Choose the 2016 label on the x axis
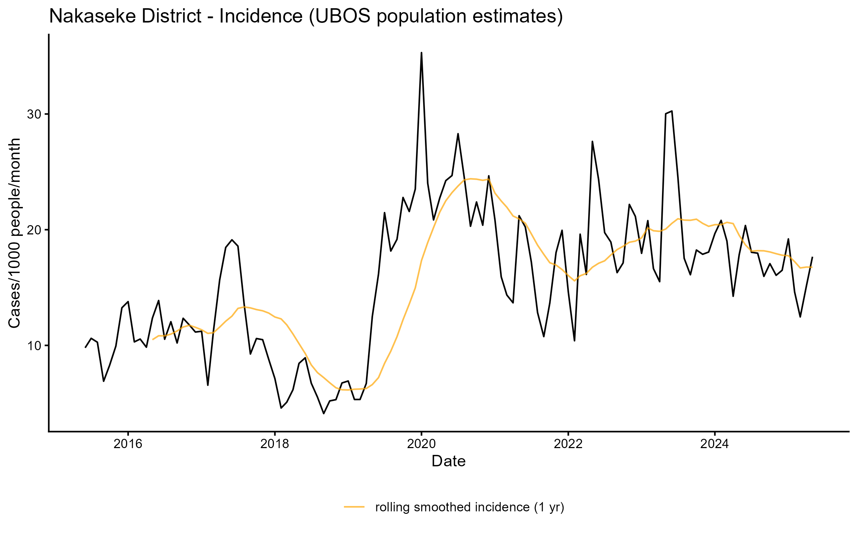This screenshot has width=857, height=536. click(x=128, y=444)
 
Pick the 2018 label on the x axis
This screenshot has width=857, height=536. click(x=275, y=444)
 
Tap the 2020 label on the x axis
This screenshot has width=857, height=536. click(x=421, y=444)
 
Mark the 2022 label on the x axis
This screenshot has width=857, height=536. click(x=568, y=444)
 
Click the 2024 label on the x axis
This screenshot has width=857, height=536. click(x=715, y=444)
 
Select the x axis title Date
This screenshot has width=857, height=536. click(x=448, y=461)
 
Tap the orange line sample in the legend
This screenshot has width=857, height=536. click(x=354, y=507)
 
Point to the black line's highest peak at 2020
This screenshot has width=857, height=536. click(x=421, y=53)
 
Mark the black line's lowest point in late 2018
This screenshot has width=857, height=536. click(x=324, y=413)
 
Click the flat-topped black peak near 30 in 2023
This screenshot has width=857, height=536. click(x=669, y=112)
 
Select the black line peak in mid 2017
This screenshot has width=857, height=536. click(x=232, y=240)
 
